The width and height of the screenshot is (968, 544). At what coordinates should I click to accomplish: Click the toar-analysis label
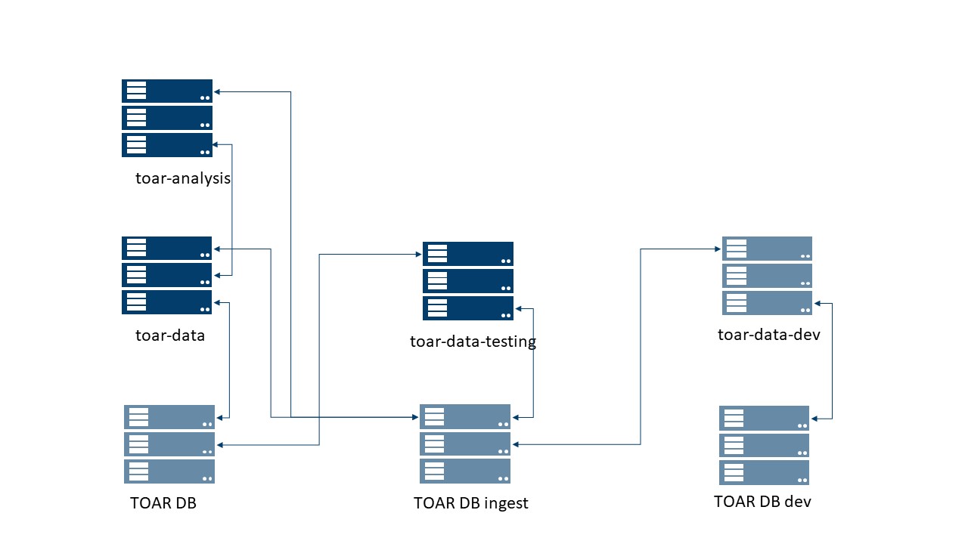coord(183,178)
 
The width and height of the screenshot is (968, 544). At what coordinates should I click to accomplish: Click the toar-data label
coord(170,335)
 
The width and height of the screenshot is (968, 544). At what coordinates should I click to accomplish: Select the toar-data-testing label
coord(473,342)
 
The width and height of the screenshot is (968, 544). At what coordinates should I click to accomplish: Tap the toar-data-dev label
coord(768,334)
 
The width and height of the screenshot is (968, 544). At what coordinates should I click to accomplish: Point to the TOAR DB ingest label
coord(470,503)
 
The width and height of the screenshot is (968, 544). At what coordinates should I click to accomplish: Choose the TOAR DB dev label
coord(762,501)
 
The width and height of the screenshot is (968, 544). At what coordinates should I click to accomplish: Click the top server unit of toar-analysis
coord(167,91)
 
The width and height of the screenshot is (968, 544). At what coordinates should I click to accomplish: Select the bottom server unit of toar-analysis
coord(167,145)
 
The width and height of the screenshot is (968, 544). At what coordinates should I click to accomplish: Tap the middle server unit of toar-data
coord(167,275)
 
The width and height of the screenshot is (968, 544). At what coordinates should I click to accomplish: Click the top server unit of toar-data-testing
coord(468,254)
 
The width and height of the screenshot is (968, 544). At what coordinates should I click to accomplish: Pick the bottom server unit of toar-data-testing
coord(468,308)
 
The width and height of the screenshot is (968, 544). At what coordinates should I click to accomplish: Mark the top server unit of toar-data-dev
coord(767,249)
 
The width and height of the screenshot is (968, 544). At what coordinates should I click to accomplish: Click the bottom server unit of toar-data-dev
coord(767,303)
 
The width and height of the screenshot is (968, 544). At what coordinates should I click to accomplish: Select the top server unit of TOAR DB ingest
coord(465,417)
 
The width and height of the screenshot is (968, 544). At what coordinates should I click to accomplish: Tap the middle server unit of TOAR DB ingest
coord(465,444)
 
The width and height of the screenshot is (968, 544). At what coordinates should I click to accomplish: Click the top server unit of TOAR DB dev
coord(764,418)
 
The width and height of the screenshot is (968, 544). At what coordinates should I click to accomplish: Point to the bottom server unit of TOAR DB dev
coord(764,472)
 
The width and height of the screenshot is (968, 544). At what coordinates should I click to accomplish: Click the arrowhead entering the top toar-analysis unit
coord(216,92)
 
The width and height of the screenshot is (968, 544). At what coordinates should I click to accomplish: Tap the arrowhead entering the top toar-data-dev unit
coord(718,249)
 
